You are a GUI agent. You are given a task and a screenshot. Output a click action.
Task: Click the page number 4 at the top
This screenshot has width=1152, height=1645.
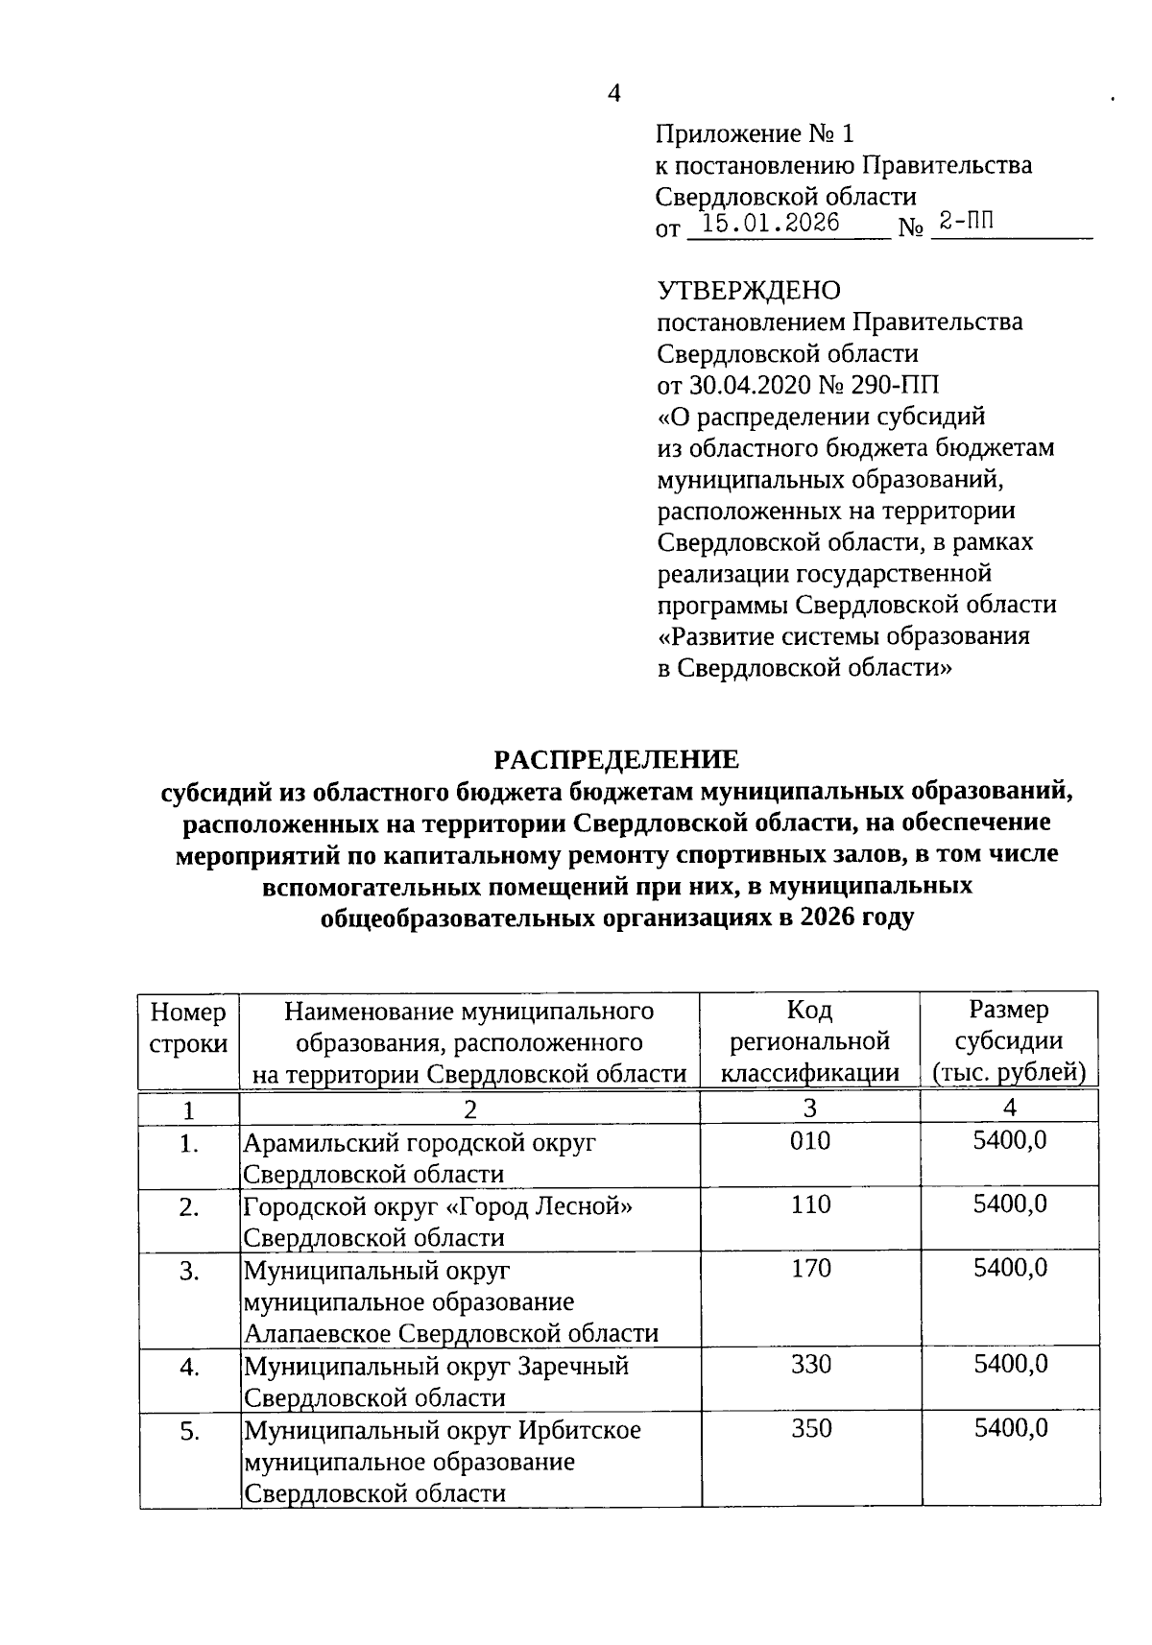614,93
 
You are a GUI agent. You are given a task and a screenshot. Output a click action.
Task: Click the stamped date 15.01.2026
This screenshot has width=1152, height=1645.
771,224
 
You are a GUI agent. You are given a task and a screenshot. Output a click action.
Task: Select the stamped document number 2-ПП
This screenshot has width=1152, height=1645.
967,223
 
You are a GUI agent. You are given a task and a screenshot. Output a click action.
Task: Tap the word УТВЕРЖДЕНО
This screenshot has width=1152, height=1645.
749,290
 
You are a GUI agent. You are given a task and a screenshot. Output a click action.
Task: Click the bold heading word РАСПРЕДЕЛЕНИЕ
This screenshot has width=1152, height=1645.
616,760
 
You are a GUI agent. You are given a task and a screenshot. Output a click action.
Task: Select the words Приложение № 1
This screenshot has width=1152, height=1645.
754,133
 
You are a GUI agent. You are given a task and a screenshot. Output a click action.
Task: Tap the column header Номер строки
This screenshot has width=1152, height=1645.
189,1027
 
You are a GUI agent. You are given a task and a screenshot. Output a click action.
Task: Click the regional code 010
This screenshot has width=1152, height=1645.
810,1141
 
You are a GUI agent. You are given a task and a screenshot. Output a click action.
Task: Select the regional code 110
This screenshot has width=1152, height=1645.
810,1204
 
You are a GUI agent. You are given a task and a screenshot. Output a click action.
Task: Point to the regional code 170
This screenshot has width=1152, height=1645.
810,1269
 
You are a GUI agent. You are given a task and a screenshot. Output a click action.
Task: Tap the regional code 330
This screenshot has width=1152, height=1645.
810,1364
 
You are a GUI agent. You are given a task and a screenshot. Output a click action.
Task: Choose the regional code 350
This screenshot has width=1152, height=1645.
810,1428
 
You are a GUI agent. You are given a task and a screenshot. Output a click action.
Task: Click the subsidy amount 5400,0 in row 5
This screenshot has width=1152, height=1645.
1010,1428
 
